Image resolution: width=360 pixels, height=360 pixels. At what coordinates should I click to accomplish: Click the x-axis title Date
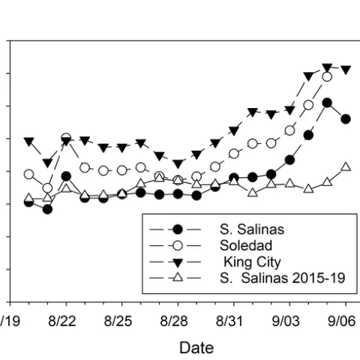196,348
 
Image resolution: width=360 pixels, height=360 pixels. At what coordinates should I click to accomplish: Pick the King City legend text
251,262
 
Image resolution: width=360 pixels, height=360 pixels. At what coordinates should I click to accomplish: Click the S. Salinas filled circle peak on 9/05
327,102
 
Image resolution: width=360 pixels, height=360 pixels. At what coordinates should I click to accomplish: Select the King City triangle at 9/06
346,70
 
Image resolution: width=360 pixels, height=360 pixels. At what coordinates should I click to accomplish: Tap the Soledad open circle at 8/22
66,138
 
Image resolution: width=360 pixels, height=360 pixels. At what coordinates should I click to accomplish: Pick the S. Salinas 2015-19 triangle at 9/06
346,166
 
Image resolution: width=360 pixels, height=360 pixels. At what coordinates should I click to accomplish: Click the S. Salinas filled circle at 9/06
346,118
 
